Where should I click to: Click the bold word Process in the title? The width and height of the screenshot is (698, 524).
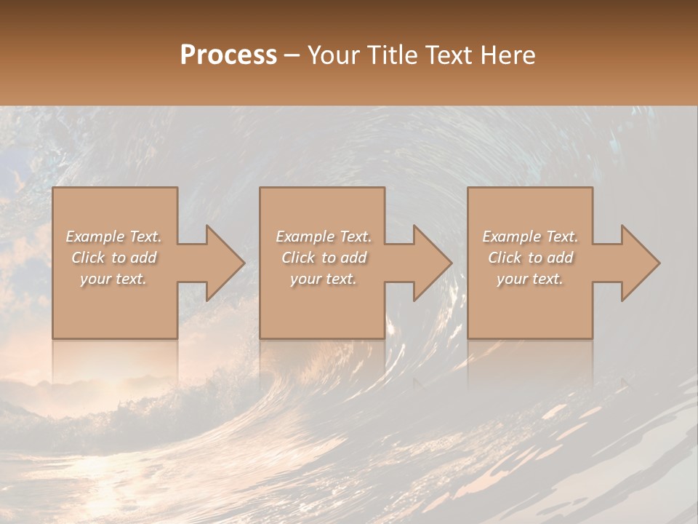pos(228,55)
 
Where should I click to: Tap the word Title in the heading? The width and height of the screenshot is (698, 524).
pos(390,55)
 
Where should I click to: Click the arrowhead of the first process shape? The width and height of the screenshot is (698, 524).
pos(222,263)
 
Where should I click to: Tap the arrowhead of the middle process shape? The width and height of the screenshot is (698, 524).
pos(430,263)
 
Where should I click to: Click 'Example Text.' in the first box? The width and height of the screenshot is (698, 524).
pos(113,237)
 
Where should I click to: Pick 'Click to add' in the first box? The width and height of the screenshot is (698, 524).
pos(113,258)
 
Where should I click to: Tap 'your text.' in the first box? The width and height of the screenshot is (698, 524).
pos(113,279)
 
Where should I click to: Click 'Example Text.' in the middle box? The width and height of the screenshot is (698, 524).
pos(323,237)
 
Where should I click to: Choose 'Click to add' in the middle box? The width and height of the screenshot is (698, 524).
pos(323,258)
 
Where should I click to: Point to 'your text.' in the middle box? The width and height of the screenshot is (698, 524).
pos(323,279)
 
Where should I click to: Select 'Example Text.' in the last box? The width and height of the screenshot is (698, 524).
pos(530,237)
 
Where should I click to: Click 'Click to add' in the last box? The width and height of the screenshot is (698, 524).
pos(530,258)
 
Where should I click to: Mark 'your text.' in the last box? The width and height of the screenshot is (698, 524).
pos(530,279)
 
